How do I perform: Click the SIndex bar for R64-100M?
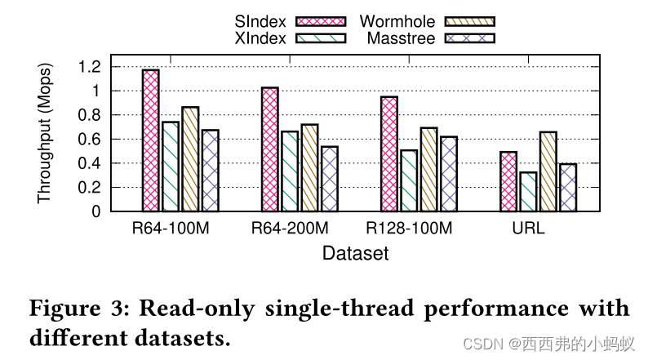pos(151,140)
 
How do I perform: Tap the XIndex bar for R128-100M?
pos(409,180)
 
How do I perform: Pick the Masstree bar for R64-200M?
pos(330,179)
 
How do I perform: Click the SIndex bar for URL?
pos(508,181)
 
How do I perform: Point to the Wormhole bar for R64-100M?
pos(190,159)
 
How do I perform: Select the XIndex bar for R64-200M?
pos(290,171)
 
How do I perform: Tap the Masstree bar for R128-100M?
pos(449,174)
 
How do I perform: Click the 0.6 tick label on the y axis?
pos(90,140)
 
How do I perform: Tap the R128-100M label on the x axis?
pos(409,229)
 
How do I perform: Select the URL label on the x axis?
pos(528,229)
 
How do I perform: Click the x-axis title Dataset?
pos(356,253)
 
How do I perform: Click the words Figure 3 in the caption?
pos(78,308)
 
